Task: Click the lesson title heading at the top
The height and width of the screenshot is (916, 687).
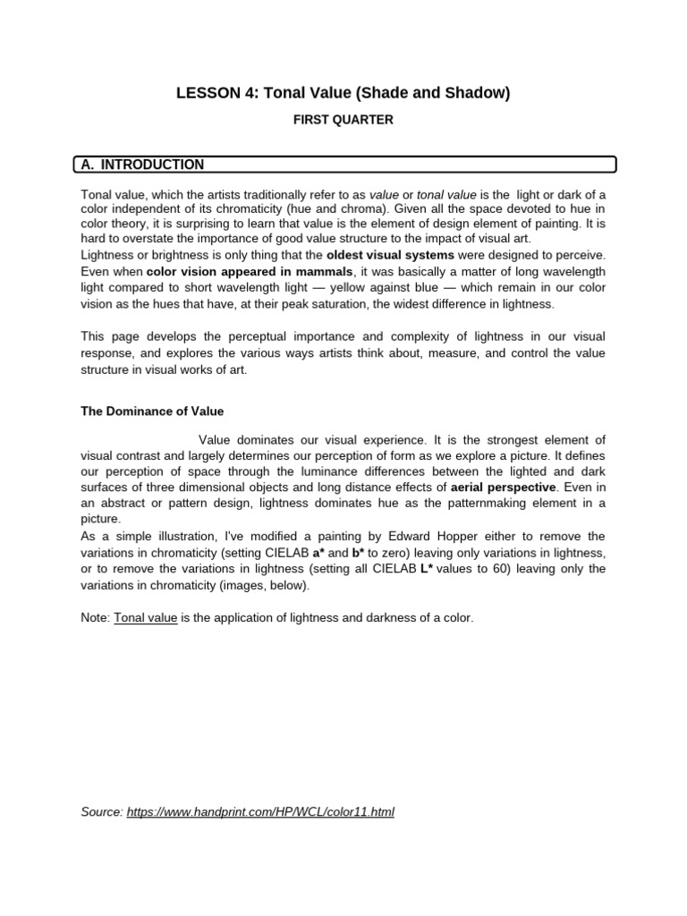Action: pos(343,93)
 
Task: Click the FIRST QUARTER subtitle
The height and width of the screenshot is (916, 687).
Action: pos(343,120)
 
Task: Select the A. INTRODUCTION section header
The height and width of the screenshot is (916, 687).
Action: pos(143,165)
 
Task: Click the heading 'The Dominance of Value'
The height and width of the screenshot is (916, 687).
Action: pos(152,411)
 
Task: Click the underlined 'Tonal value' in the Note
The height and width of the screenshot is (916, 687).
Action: pos(146,618)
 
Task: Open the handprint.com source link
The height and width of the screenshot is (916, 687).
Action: pos(260,812)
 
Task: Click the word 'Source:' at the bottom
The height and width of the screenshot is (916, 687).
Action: pos(102,812)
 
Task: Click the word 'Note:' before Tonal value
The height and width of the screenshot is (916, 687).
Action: pos(96,618)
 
